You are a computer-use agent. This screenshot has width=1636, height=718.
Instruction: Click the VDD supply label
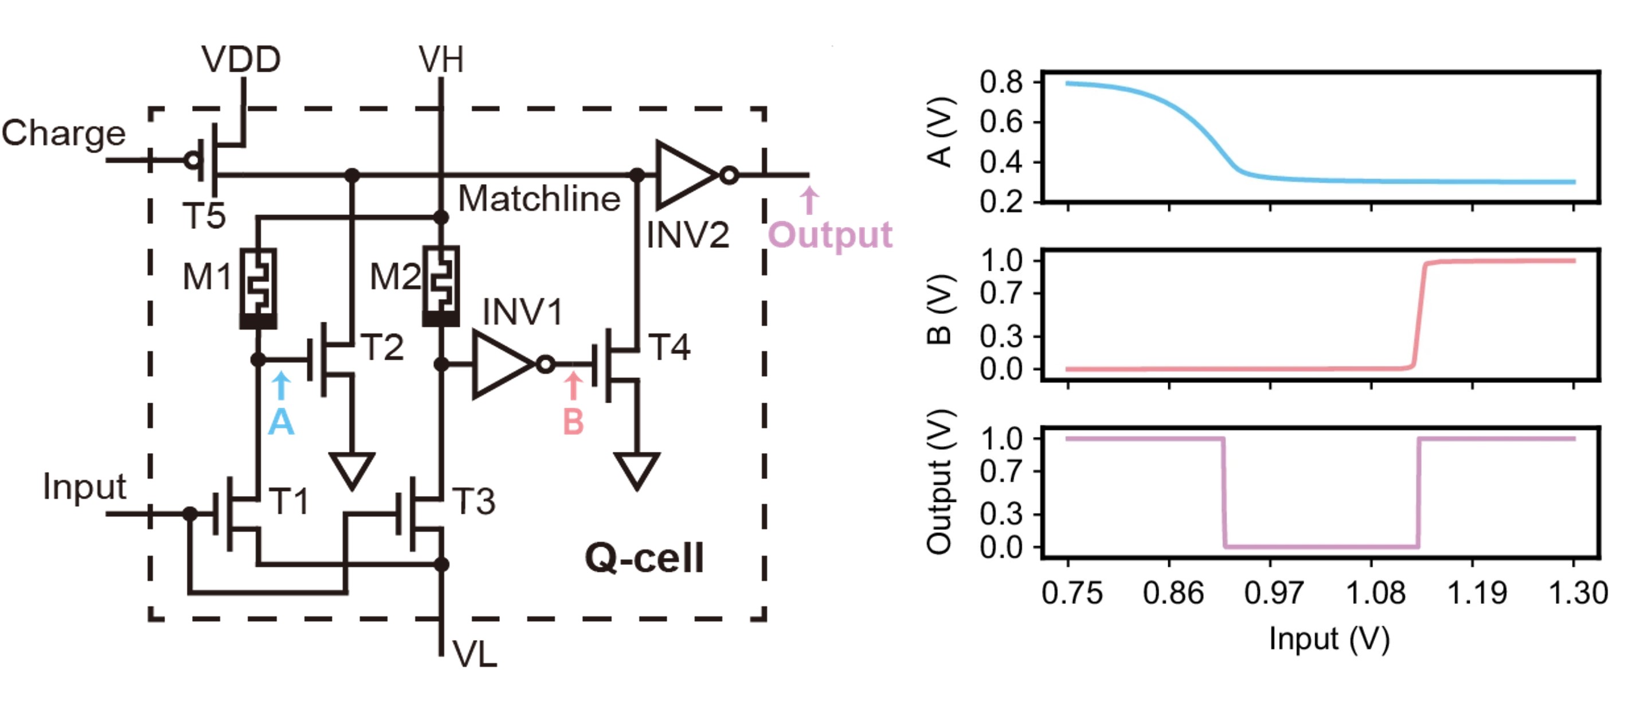click(241, 60)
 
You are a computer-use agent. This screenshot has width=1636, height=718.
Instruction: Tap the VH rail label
click(441, 60)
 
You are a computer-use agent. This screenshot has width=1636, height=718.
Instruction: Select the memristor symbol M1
click(258, 287)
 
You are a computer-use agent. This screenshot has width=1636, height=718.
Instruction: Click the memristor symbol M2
click(441, 286)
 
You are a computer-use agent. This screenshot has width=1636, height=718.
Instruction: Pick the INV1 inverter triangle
click(502, 365)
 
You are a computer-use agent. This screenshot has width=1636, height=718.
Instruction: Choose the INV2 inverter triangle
click(686, 175)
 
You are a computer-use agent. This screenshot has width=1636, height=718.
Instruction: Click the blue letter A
click(281, 422)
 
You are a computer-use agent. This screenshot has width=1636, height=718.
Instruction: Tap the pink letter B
click(573, 422)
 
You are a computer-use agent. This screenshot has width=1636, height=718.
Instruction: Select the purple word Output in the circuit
click(830, 235)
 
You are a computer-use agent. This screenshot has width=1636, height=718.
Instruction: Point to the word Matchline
click(539, 199)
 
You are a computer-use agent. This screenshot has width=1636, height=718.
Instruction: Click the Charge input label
click(64, 134)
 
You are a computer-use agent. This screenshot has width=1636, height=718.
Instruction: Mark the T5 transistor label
click(204, 216)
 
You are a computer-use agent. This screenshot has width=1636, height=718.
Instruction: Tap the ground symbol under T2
click(352, 470)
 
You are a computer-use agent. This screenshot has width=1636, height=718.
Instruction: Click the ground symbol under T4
click(636, 470)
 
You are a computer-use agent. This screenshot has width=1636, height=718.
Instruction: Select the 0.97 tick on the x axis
click(1273, 593)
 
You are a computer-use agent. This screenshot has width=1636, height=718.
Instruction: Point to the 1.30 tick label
click(1578, 593)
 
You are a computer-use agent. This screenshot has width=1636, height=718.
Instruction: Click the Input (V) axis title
click(1329, 639)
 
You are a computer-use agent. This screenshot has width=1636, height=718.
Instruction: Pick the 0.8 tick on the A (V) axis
click(1001, 83)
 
